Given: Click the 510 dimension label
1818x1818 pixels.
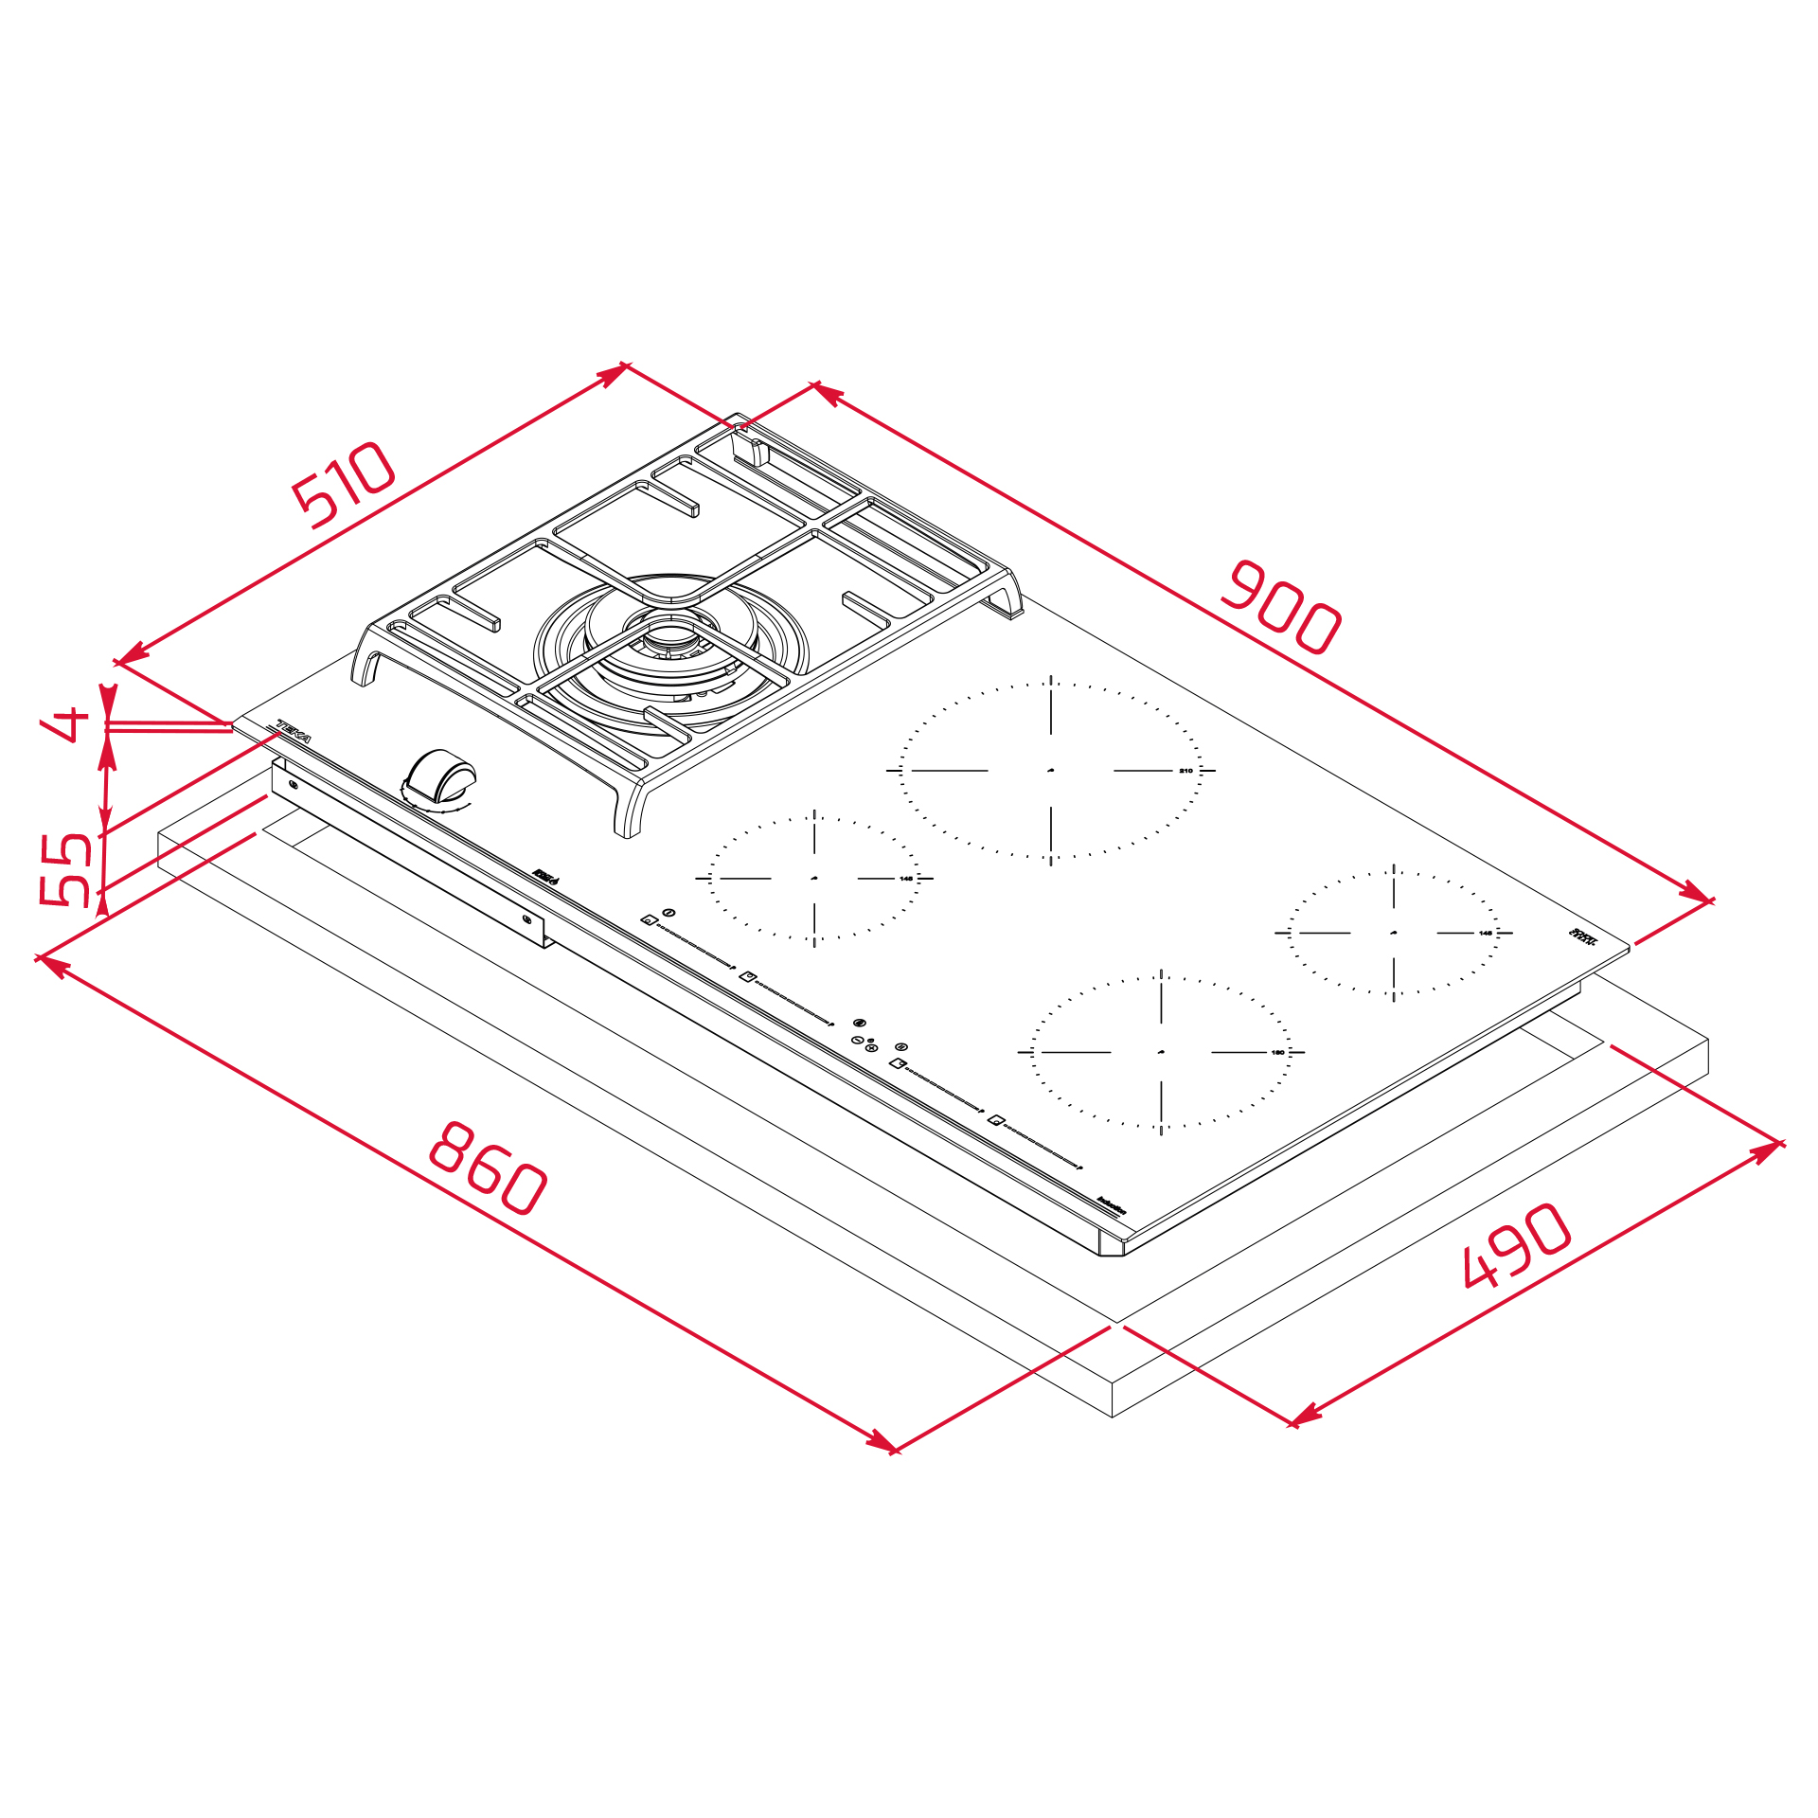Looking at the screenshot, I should [343, 484].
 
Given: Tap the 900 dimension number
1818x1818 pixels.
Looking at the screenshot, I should [1280, 608].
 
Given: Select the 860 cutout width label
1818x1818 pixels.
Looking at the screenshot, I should [488, 1167].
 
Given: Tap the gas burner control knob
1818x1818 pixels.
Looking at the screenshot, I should [440, 776].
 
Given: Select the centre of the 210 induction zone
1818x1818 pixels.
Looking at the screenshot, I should [1051, 771].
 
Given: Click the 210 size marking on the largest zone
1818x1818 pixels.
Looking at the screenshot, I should [1185, 771].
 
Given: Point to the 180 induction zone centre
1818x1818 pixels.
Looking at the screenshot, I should [1161, 1052].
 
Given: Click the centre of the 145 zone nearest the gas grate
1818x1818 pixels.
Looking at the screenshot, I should [814, 879].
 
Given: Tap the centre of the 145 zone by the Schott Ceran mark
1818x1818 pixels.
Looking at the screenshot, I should [1394, 933].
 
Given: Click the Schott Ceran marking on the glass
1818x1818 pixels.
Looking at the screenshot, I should [1583, 936].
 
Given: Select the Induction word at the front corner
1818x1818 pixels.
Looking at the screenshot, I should [1112, 1205].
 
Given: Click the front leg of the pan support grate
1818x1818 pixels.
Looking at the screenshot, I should [628, 814].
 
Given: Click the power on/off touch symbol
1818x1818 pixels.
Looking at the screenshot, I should [669, 913].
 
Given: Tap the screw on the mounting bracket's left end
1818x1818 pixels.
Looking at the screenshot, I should [293, 785].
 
